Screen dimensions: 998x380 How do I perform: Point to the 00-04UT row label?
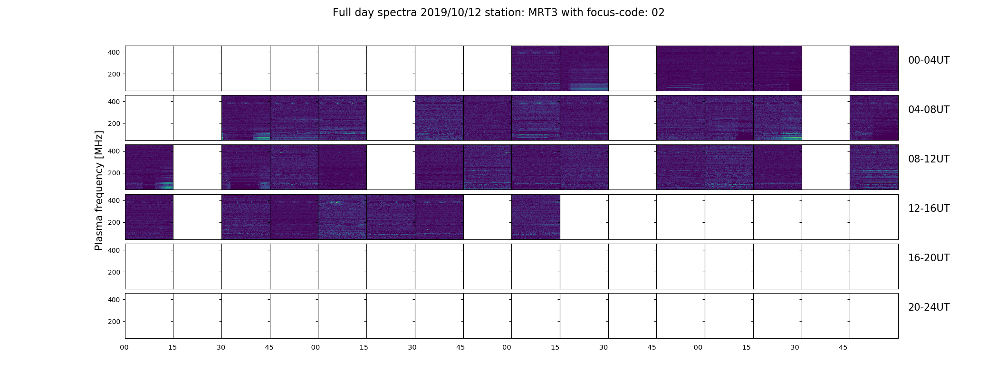coord(929,60)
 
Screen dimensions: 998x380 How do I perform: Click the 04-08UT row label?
coord(929,110)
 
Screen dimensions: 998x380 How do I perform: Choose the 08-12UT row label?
coord(929,159)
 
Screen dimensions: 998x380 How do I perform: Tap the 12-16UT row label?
coord(929,209)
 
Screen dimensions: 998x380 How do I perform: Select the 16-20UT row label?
coord(929,258)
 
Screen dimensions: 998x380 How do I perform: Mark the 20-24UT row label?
coord(929,307)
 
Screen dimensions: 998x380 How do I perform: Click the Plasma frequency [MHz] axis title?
coord(99,190)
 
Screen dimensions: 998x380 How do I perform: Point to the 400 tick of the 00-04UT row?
coord(114,52)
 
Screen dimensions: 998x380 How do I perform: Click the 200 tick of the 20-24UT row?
coord(114,322)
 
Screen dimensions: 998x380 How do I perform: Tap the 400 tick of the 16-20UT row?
coord(114,250)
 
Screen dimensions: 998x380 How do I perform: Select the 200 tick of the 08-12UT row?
coord(114,173)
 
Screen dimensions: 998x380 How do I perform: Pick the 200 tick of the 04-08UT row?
coord(114,123)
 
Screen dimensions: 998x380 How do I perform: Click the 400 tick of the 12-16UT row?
coord(114,201)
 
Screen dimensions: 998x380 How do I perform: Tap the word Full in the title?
coord(341,13)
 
